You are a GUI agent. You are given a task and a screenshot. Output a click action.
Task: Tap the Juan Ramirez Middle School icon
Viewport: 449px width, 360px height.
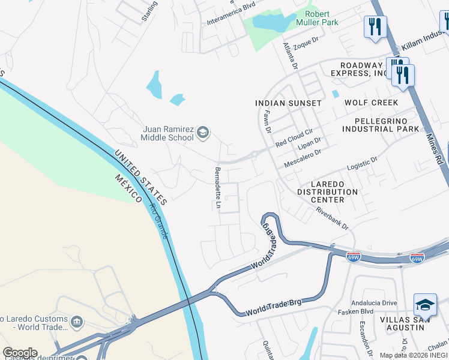[x=203, y=133]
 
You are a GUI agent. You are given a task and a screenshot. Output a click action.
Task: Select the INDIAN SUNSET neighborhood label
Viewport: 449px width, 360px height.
[x=288, y=103]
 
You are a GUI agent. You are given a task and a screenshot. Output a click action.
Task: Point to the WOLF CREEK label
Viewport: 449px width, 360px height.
[x=371, y=103]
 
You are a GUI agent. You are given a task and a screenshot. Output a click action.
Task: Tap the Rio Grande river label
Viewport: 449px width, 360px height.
[x=160, y=221]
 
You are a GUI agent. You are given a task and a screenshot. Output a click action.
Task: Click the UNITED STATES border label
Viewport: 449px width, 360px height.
[x=142, y=178]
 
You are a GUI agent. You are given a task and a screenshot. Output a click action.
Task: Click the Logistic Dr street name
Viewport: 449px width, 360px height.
[x=362, y=164]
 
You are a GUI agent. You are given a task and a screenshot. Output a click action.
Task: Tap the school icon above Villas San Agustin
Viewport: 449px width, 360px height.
[x=425, y=305]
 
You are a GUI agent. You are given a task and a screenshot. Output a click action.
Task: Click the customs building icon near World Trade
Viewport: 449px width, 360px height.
[x=76, y=322]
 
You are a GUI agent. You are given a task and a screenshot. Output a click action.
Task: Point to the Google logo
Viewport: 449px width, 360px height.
[x=19, y=353]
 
